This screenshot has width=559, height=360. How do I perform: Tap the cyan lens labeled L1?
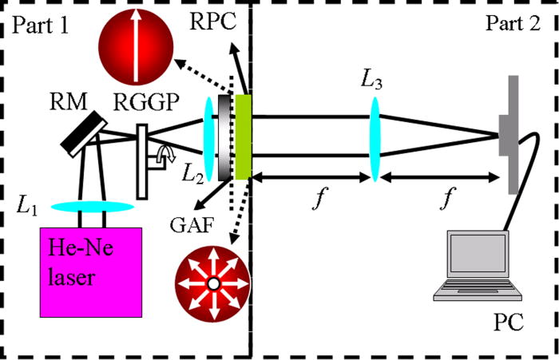click(93, 207)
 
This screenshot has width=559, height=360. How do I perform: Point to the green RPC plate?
click(244, 137)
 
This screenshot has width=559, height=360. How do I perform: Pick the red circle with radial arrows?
click(212, 284)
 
